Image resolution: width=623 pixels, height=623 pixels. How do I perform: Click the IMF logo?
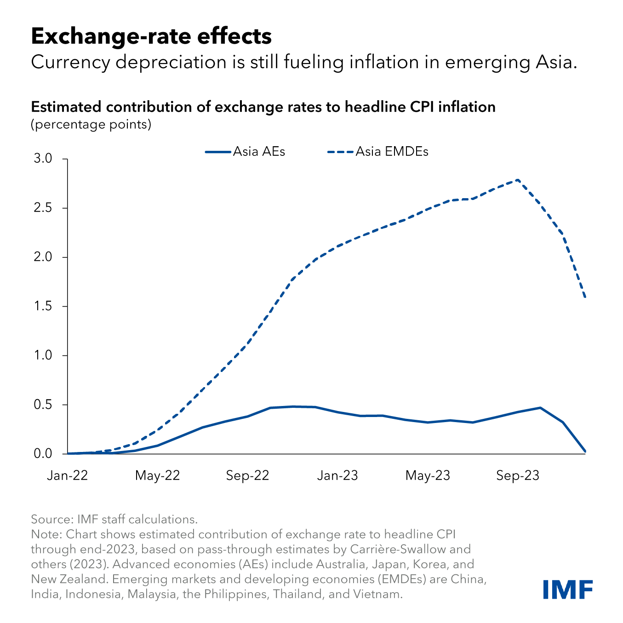click(567, 589)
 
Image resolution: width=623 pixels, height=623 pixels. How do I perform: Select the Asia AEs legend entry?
click(245, 152)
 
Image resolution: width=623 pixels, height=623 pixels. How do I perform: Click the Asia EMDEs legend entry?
click(377, 152)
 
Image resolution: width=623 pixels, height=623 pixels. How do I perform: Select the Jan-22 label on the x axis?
click(67, 475)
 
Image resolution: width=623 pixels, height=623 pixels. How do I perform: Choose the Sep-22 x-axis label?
click(247, 475)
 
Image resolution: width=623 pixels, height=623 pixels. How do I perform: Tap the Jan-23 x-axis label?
click(337, 475)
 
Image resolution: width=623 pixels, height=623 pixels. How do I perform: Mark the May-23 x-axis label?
click(428, 475)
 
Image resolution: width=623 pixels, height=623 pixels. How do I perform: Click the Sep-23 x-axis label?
click(518, 475)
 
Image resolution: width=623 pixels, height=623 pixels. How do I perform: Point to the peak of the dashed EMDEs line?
click(518, 180)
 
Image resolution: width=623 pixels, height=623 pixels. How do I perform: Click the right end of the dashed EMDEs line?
click(585, 297)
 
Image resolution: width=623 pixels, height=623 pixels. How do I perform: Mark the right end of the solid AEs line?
click(585, 452)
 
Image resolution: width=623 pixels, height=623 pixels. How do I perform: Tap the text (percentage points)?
click(91, 124)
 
